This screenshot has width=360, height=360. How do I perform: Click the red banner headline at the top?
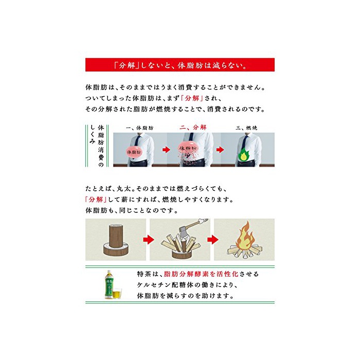click(x=180, y=65)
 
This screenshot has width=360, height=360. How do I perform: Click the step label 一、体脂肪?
click(x=139, y=128)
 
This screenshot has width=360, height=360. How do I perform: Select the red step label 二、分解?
click(x=193, y=128)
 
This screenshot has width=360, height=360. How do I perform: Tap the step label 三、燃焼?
click(x=246, y=128)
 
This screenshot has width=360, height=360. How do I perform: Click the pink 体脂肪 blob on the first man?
click(x=134, y=152)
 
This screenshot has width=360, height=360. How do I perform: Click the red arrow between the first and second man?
click(x=166, y=150)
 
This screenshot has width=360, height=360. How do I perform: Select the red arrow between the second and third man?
click(x=220, y=150)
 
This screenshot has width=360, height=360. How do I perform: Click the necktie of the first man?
click(x=137, y=142)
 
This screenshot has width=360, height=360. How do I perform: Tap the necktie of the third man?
click(x=245, y=142)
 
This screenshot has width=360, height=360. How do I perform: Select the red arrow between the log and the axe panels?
click(x=148, y=240)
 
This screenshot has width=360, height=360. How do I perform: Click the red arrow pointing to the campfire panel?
click(x=212, y=240)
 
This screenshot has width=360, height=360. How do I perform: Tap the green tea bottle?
click(x=109, y=284)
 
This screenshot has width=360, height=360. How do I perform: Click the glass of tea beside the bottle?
click(x=117, y=293)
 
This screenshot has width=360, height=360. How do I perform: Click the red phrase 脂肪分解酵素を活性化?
click(x=201, y=274)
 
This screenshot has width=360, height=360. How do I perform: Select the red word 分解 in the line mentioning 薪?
click(x=96, y=200)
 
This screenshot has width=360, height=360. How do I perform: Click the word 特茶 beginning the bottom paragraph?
click(x=143, y=274)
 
